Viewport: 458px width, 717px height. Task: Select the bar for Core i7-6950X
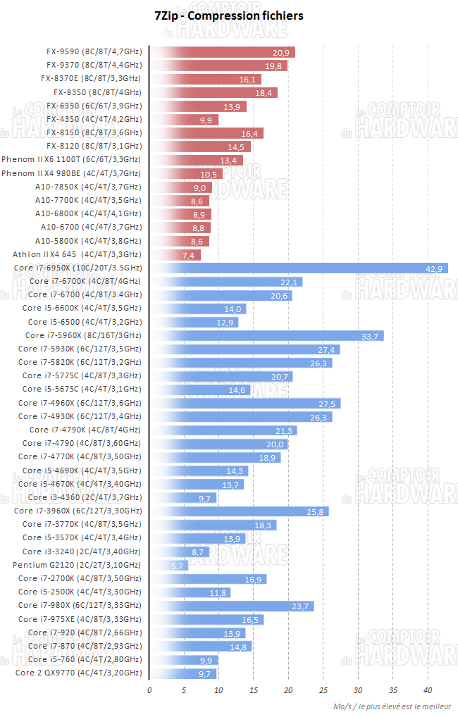(299, 268)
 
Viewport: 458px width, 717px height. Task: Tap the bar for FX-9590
(223, 52)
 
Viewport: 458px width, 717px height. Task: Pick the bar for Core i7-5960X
(267, 335)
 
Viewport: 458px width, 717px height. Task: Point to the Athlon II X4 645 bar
(175, 254)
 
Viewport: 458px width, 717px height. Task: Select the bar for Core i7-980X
(232, 606)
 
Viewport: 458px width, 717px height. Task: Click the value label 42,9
(435, 268)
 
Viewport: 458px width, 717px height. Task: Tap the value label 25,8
(316, 511)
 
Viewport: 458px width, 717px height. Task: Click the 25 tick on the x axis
(323, 690)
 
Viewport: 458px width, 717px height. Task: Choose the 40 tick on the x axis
(428, 690)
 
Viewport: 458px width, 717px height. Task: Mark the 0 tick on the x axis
(149, 690)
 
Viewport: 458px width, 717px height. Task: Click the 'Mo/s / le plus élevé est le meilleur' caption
(393, 706)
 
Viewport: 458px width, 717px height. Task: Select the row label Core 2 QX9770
(78, 673)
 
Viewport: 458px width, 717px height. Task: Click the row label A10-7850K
(88, 187)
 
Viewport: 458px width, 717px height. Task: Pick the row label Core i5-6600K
(82, 308)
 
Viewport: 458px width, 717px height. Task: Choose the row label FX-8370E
(91, 79)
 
